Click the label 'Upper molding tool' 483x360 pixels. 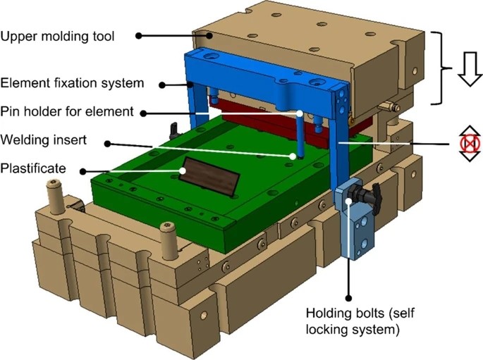point(67,35)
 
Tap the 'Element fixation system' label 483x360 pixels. point(73,83)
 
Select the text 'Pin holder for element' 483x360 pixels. point(67,111)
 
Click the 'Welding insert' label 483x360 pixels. point(43,140)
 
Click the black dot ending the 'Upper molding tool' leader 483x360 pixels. point(139,35)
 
